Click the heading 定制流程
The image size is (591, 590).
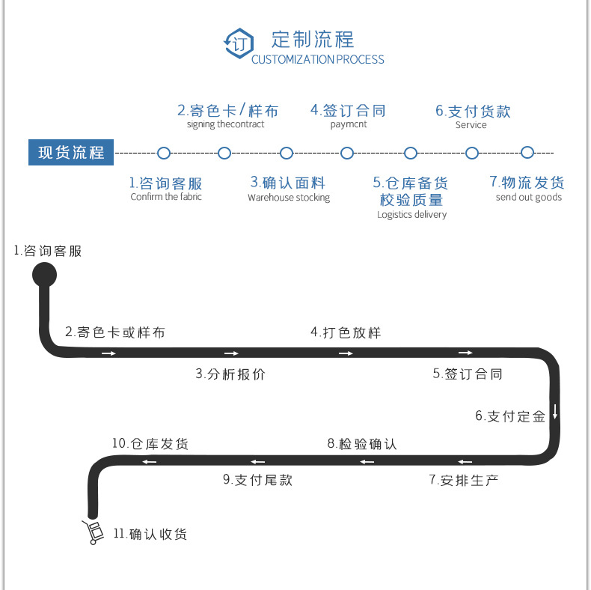pyautogui.click(x=313, y=39)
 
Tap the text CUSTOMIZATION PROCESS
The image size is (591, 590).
pyautogui.click(x=318, y=60)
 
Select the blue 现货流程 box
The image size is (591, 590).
pyautogui.click(x=71, y=153)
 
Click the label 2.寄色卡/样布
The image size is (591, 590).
pyautogui.click(x=227, y=111)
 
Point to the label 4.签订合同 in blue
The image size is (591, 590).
pyautogui.click(x=348, y=111)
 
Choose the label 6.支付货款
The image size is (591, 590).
pyautogui.click(x=473, y=112)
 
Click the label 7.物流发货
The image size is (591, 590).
pyautogui.click(x=527, y=183)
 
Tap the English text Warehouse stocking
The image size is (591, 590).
pyautogui.click(x=289, y=198)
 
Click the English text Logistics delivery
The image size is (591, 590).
pyautogui.click(x=411, y=215)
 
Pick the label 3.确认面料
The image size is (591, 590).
pyautogui.click(x=288, y=182)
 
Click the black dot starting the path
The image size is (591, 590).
pyautogui.click(x=44, y=274)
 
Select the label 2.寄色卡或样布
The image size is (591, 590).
pyautogui.click(x=114, y=332)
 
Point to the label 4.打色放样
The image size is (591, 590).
pyautogui.click(x=346, y=332)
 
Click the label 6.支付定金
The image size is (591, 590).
pyautogui.click(x=510, y=416)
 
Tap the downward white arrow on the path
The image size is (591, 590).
pyautogui.click(x=555, y=411)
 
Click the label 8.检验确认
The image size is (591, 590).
pyautogui.click(x=362, y=444)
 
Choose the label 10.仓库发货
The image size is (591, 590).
pyautogui.click(x=150, y=444)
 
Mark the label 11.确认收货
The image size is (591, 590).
pyautogui.click(x=150, y=535)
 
